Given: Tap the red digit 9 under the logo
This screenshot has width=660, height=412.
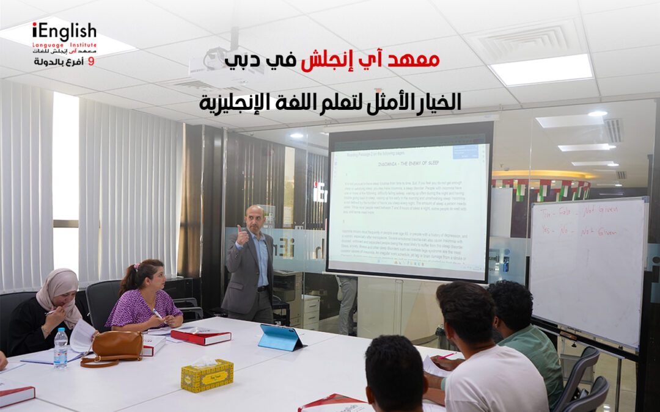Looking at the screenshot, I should [92, 62].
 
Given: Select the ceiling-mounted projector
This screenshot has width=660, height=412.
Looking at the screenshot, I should [224, 67].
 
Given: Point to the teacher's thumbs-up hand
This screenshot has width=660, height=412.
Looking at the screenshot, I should [242, 234].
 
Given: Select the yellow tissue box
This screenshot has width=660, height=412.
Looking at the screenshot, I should [207, 375].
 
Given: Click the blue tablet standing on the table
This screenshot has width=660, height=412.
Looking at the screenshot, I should [280, 337].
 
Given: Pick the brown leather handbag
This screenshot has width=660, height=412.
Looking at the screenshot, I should [113, 348].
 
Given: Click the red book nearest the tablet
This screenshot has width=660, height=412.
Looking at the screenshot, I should [200, 335].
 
